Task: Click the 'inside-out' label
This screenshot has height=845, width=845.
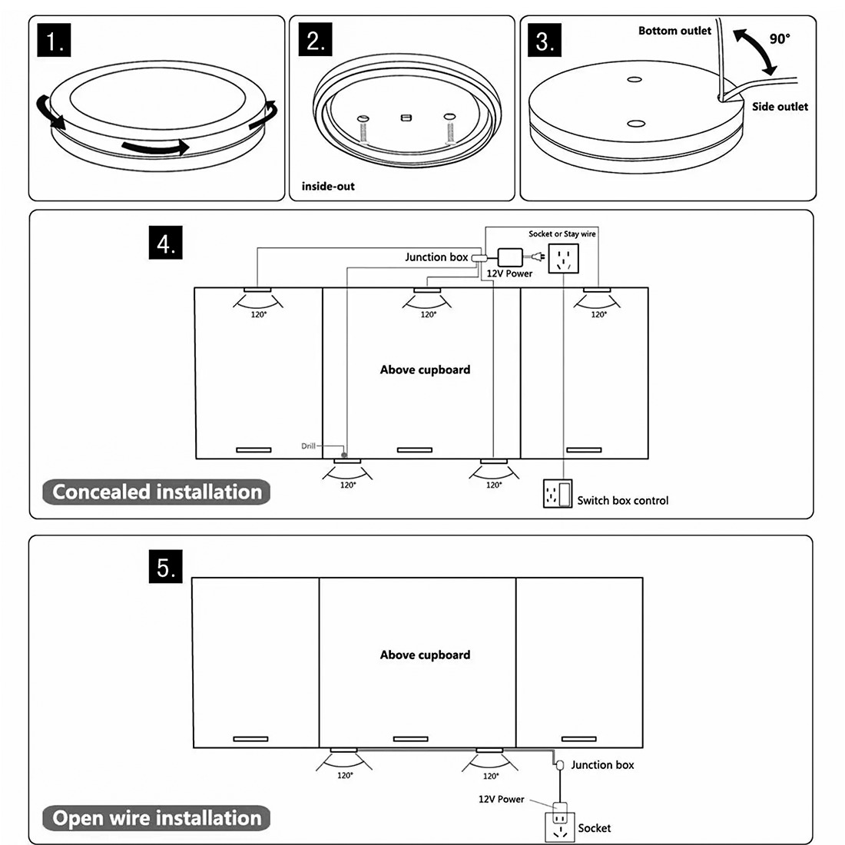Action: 328,186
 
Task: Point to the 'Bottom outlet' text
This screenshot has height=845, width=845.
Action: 674,31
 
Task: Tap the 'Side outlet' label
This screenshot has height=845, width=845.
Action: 780,107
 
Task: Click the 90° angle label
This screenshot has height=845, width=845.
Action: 779,38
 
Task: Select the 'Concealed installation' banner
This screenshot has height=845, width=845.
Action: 157,492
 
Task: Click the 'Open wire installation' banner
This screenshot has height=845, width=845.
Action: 157,818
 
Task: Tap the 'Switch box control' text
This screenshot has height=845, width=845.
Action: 622,500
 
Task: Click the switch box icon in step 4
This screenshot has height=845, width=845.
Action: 558,493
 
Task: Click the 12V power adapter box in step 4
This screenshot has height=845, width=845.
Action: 510,257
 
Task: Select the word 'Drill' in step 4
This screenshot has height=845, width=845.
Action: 308,446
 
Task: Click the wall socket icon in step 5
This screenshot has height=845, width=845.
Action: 559,827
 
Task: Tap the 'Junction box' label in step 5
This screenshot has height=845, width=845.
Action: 602,764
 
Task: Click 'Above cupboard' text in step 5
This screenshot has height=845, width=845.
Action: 425,655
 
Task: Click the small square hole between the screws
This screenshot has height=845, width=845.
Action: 407,118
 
